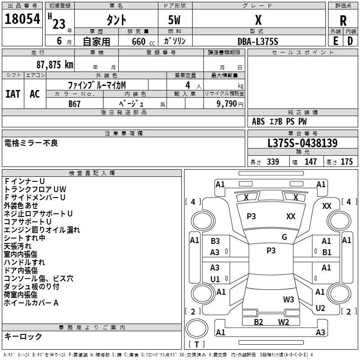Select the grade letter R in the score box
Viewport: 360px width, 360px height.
[x=343, y=20]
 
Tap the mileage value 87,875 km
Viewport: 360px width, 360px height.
[x=54, y=65]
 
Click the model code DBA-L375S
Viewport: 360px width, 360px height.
[x=258, y=41]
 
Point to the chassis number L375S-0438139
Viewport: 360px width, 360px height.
[x=302, y=143]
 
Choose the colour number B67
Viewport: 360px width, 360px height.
[x=75, y=103]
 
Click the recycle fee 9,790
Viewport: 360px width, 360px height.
[x=227, y=104]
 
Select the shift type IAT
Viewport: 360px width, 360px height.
[x=13, y=94]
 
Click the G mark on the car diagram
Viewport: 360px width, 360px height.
[x=284, y=237]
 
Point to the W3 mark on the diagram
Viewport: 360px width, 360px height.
[x=288, y=300]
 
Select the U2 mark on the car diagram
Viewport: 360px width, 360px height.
[x=320, y=308]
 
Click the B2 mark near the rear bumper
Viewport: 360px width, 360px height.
[x=258, y=322]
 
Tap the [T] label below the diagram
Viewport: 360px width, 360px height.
[x=196, y=344]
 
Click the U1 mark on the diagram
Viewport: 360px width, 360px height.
[x=215, y=279]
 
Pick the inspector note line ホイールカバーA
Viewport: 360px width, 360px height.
[x=31, y=303]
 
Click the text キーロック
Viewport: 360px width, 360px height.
[x=23, y=336]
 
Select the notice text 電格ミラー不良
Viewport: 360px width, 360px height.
[x=31, y=143]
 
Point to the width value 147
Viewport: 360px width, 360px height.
[x=310, y=162]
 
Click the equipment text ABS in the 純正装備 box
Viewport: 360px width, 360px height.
[x=258, y=121]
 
